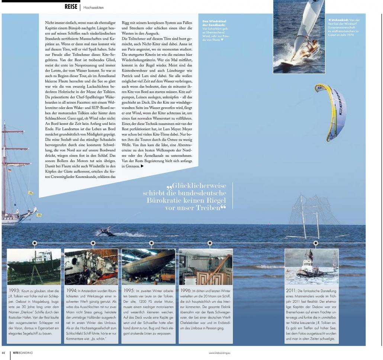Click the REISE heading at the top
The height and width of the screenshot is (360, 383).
71,6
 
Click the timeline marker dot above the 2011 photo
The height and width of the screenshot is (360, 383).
316,243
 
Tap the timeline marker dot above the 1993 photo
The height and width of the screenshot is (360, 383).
35,243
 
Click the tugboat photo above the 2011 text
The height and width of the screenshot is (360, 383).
311,266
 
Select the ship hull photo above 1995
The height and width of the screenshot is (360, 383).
148,266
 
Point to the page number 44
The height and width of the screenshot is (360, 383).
3,353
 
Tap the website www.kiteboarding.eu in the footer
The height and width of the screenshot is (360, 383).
219,353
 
